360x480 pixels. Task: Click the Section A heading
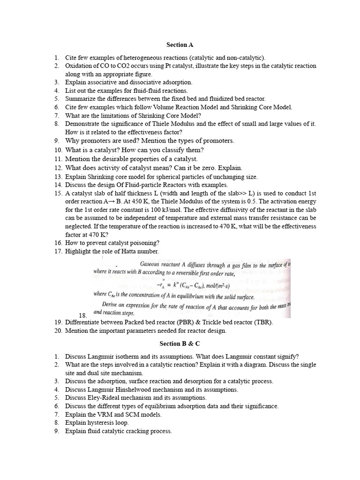180,45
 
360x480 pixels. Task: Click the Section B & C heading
180,344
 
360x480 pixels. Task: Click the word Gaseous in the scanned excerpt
152,264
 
